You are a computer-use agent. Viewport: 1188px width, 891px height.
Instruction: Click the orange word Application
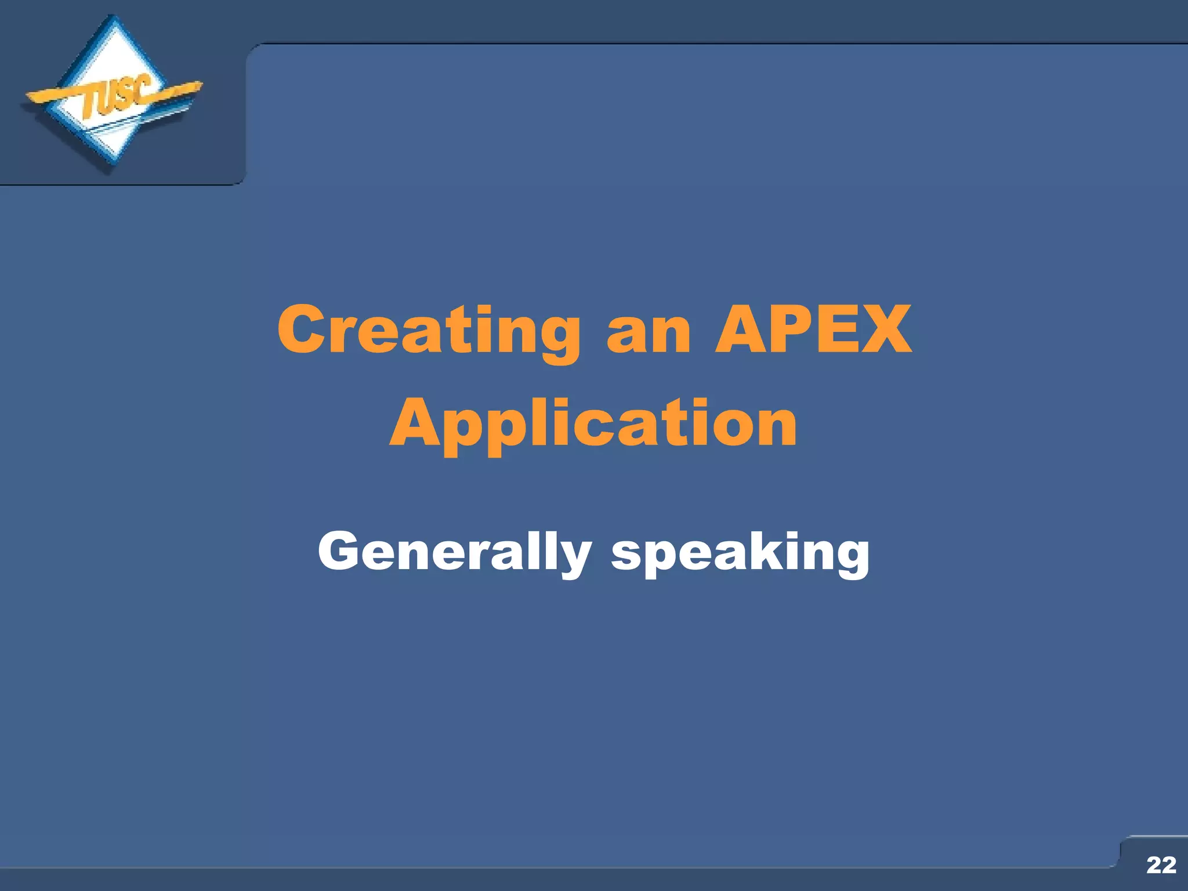point(593,425)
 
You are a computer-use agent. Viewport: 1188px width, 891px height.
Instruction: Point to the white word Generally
point(454,552)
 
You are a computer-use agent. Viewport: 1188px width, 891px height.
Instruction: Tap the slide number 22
point(1161,865)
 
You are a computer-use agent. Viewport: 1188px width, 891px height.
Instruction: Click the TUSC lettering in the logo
point(116,97)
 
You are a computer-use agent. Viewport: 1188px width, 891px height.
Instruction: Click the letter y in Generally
point(574,558)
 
